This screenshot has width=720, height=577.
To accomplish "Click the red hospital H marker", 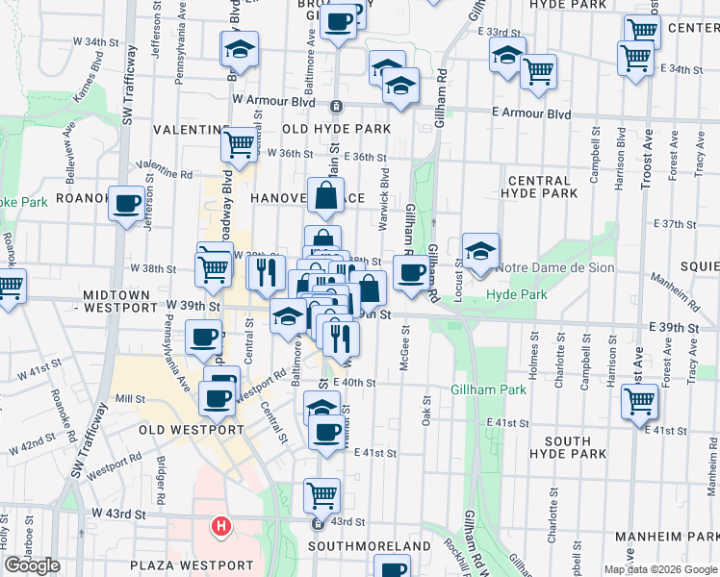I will (221, 526).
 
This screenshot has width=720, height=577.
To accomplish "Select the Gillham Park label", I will (488, 389).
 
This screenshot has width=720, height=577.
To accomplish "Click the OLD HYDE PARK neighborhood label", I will (336, 129).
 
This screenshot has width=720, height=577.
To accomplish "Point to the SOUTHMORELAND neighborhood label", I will (370, 546).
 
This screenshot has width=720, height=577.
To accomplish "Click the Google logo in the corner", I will (33, 565).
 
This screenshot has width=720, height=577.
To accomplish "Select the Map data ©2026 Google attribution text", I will (659, 569).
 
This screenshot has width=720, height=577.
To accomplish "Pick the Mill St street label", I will (129, 398).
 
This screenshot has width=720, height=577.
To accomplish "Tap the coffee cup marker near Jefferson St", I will (127, 204).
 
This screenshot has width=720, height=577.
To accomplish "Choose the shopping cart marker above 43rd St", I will (321, 495).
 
